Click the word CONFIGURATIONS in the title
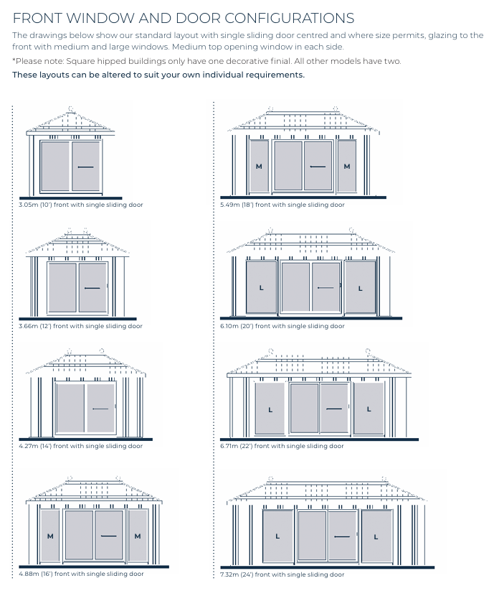(290, 18)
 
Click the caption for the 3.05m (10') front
(81, 205)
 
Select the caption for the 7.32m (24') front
(282, 574)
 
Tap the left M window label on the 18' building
(259, 166)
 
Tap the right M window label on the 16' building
(138, 536)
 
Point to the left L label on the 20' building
(262, 288)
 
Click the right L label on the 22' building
(369, 409)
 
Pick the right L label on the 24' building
(376, 536)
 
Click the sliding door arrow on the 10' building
(85, 167)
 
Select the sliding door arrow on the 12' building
(92, 288)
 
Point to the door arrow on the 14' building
(100, 409)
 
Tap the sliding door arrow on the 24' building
(341, 536)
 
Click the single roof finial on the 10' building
(71, 109)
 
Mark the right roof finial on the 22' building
(368, 352)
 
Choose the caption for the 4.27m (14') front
(81, 446)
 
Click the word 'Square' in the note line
(80, 61)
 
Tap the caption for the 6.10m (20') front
(282, 326)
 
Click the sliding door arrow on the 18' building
(318, 166)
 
